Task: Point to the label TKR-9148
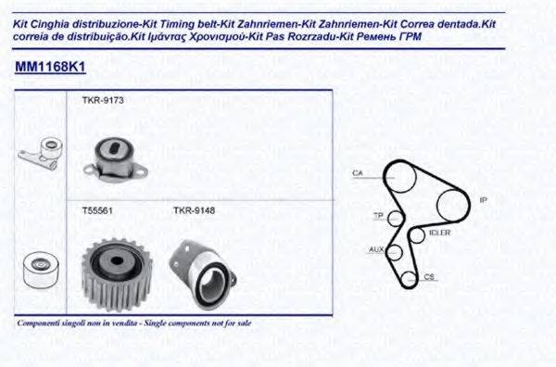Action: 194,209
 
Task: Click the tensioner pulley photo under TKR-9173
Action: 113,158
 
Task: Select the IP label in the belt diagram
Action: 483,199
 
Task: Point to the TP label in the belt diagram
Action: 377,216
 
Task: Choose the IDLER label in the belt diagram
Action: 440,233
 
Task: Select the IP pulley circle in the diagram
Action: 455,201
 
